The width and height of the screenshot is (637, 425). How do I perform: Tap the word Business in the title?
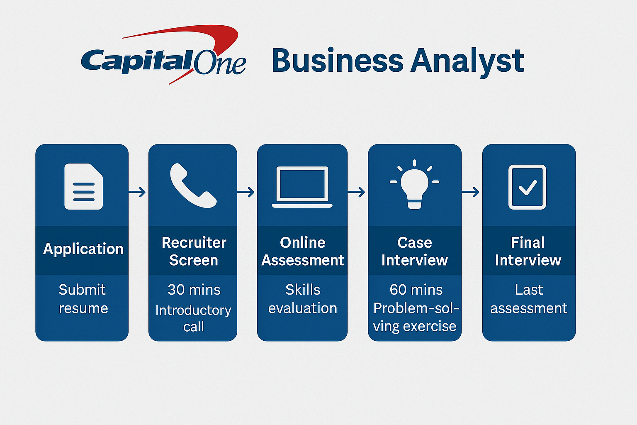point(337,60)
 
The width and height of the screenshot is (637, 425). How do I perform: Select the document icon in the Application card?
point(84,186)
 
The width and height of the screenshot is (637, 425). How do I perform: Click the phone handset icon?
point(193,186)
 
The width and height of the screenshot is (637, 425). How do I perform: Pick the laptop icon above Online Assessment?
point(302,187)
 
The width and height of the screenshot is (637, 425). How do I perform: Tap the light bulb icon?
point(414,184)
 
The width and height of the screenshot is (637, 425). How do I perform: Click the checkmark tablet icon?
point(527,187)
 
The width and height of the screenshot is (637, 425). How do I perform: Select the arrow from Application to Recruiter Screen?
point(137,192)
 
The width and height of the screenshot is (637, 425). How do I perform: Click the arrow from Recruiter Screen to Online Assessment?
point(246,192)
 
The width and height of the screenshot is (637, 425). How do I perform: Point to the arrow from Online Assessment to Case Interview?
point(356,192)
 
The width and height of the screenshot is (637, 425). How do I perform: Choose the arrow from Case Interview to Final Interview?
point(470,192)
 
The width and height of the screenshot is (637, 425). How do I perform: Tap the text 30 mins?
point(194,290)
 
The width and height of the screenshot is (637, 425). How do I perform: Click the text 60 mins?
point(416,290)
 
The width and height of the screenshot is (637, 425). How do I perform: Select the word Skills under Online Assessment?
point(303,290)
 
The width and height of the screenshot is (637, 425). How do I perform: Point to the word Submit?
point(82,290)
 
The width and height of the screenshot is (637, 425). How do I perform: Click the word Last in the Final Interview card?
point(529,290)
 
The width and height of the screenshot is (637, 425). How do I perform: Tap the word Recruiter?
point(194,243)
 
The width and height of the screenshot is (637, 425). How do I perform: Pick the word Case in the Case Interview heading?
point(415,243)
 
